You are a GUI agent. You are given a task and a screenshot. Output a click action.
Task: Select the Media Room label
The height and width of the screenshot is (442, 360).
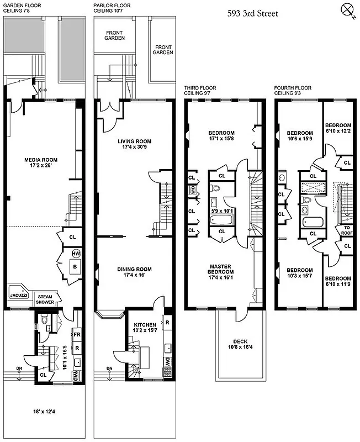click(41, 160)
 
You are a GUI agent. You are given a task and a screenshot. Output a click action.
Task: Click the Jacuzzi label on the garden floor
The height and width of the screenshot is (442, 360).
click(19, 296)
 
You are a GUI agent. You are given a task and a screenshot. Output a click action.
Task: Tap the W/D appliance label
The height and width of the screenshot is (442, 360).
click(76, 376)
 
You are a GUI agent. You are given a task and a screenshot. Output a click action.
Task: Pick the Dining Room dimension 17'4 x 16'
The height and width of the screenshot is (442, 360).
click(130, 275)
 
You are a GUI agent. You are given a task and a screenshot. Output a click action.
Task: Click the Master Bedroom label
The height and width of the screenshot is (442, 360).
click(221, 269)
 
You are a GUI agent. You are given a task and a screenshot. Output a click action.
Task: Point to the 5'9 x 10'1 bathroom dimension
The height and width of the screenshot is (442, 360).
click(221, 211)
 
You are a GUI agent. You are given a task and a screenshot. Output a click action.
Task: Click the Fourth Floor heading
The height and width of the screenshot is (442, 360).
click(292, 88)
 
